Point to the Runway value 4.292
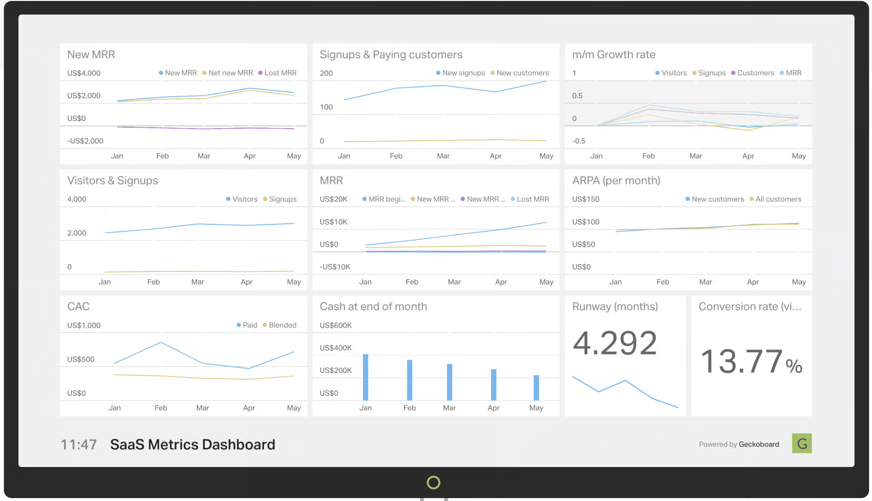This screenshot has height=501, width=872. [x=615, y=343]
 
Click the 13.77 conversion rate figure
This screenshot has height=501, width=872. [x=741, y=362]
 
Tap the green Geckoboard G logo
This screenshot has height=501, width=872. [x=802, y=443]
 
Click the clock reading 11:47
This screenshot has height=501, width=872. [x=79, y=445]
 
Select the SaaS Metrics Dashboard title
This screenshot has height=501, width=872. [x=192, y=445]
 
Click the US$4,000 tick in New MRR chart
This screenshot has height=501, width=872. [x=84, y=73]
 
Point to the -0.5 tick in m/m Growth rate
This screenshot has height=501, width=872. [x=578, y=141]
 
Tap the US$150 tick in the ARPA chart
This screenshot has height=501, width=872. [x=586, y=199]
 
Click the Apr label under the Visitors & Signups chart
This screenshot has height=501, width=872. [x=246, y=282]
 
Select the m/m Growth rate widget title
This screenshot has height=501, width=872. [x=613, y=55]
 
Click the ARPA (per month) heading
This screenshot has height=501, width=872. [x=616, y=181]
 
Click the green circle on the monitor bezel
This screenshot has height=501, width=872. [x=434, y=482]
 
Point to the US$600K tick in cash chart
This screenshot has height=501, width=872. [x=335, y=325]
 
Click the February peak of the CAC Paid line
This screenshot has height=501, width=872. [x=161, y=343]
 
